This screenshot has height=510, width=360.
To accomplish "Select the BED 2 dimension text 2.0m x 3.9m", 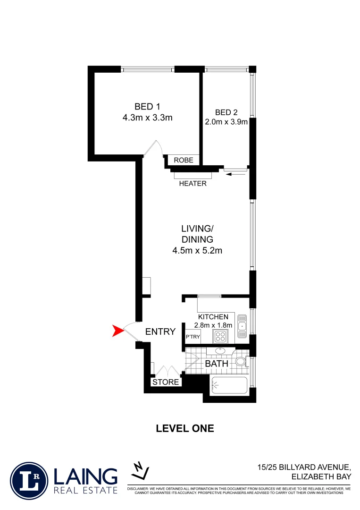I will (226, 122).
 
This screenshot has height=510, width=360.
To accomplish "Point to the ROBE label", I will (184, 160).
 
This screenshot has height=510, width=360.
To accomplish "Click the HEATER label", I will (193, 183).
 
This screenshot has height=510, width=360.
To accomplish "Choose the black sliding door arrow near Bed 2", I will (236, 175).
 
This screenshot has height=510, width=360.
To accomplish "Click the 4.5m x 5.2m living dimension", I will (197, 250).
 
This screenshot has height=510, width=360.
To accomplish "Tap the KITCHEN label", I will (213, 317).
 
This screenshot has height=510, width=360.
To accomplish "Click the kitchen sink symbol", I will (242, 326).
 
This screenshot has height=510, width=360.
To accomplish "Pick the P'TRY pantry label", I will (193, 337).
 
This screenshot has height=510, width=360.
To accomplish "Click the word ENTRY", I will (160, 331).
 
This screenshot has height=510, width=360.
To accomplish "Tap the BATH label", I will (217, 364).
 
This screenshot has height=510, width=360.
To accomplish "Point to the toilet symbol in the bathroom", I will (241, 362).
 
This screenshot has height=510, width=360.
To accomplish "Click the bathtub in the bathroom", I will (229, 387).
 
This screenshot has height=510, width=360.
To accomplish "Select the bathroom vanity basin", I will (220, 351).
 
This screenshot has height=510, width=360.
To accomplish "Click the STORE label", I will (166, 382).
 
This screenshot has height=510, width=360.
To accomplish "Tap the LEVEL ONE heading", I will (185, 429).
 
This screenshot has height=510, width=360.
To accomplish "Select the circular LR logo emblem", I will (29, 481).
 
